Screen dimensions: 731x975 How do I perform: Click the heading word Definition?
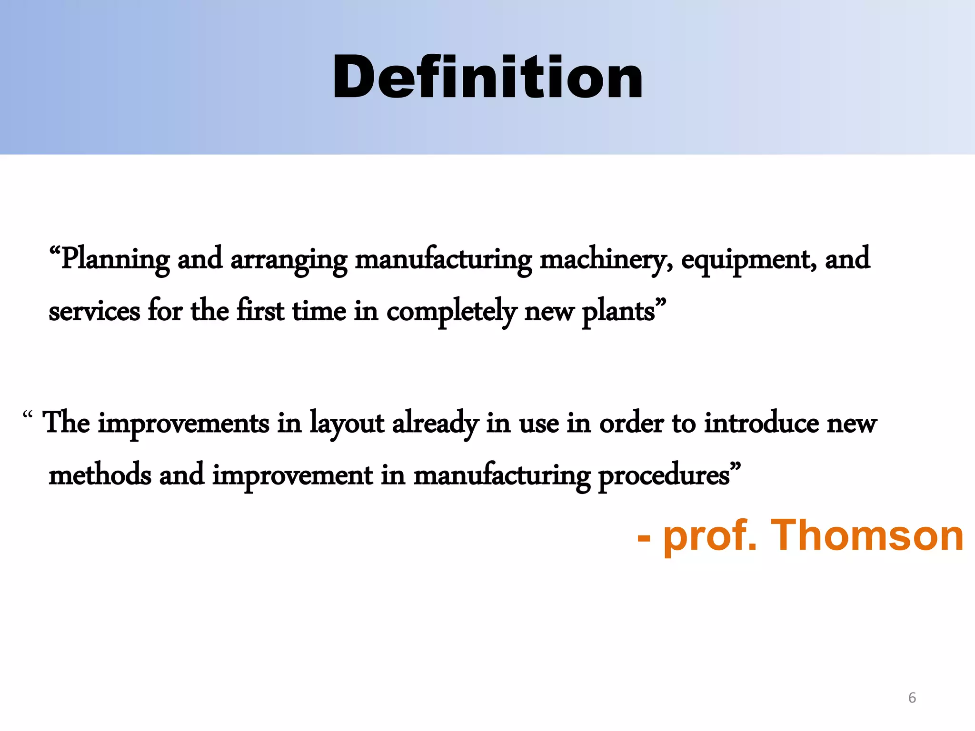pyautogui.click(x=487, y=78)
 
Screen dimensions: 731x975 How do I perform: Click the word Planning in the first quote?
pyautogui.click(x=116, y=259)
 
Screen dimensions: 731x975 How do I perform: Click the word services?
pyautogui.click(x=94, y=312)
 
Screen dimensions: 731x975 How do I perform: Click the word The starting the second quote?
pyautogui.click(x=67, y=423)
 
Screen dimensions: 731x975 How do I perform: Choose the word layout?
pyautogui.click(x=347, y=424)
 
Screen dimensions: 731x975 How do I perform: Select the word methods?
pyautogui.click(x=100, y=475)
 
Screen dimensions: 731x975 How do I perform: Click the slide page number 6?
pyautogui.click(x=912, y=698)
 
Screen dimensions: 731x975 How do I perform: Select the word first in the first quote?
pyautogui.click(x=260, y=312)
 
